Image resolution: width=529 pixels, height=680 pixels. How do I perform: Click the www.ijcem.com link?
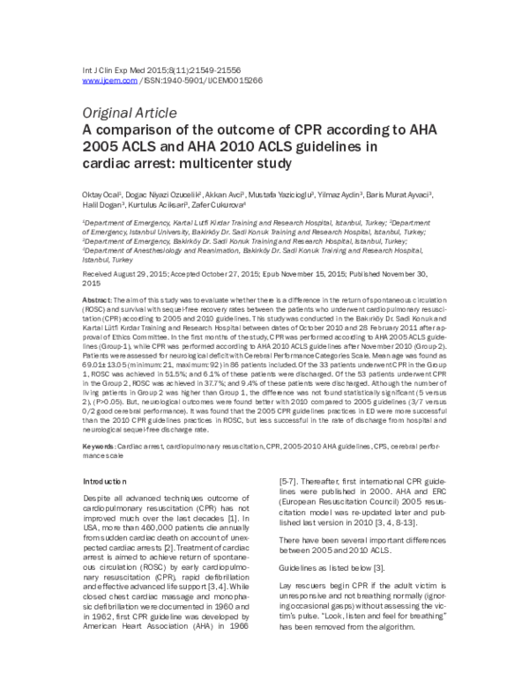pos(109,80)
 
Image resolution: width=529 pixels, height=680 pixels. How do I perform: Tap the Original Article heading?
pos(130,112)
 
